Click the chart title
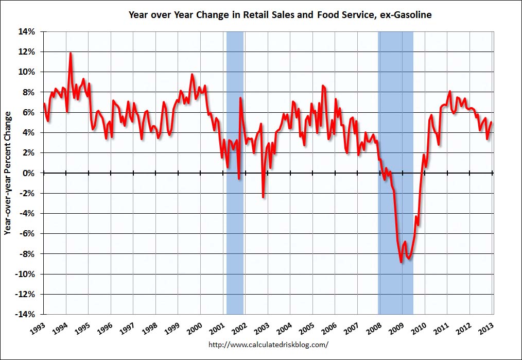pyautogui.click(x=280, y=15)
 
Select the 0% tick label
pyautogui.click(x=30, y=173)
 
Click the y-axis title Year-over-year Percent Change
pyautogui.click(x=8, y=173)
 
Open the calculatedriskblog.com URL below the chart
pyautogui.click(x=268, y=344)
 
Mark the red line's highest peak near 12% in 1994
pyautogui.click(x=71, y=53)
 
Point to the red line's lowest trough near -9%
pyautogui.click(x=402, y=262)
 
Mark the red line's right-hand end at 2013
pyautogui.click(x=491, y=122)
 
